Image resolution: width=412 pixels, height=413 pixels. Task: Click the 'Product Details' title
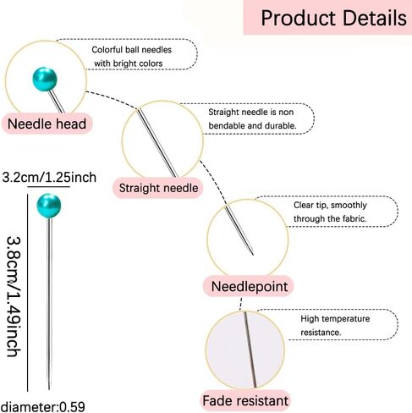click(333, 18)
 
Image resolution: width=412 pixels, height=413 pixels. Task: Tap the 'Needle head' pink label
click(47, 124)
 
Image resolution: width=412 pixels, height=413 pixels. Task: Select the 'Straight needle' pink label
click(158, 188)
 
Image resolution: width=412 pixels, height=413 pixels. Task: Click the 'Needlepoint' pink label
click(250, 286)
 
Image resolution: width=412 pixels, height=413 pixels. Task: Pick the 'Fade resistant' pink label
click(245, 400)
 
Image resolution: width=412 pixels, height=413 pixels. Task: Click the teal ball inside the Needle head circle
click(45, 79)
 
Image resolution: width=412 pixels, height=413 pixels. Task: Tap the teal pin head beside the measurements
click(49, 206)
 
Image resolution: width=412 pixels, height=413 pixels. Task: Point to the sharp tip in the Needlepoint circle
click(253, 255)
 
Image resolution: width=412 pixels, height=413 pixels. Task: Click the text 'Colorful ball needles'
click(132, 50)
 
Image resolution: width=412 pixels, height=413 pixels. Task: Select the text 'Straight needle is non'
click(251, 112)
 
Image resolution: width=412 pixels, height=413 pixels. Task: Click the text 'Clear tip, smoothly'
click(330, 205)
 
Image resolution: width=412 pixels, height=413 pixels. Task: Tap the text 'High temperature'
click(335, 319)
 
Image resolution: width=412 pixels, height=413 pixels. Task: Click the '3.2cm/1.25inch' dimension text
click(49, 178)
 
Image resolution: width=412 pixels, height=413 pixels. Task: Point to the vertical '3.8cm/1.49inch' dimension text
click(14, 296)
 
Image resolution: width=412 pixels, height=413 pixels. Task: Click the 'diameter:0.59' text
click(42, 407)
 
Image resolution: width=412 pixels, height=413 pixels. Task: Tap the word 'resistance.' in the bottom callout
click(321, 333)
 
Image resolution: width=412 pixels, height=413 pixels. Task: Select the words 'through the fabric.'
click(330, 218)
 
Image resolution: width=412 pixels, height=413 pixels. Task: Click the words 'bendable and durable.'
click(252, 125)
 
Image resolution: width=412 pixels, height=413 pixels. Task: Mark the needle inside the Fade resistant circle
click(250, 350)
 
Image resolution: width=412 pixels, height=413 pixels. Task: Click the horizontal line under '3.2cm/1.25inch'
click(48, 187)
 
